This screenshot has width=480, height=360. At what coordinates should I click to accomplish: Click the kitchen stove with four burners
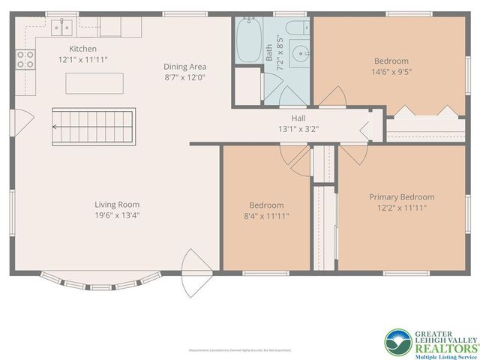click(x=25, y=59)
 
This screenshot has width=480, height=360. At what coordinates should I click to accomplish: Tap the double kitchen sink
click(x=61, y=28)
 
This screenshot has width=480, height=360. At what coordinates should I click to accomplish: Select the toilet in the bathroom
click(x=297, y=28)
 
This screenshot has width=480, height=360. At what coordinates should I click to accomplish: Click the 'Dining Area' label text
click(x=184, y=67)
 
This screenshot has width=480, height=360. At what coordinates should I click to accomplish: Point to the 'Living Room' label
click(x=117, y=204)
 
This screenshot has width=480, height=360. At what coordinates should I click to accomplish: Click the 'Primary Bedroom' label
click(x=401, y=197)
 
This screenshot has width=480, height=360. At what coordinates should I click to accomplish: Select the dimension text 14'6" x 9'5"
click(x=391, y=72)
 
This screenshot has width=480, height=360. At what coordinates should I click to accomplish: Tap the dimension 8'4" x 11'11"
click(x=266, y=216)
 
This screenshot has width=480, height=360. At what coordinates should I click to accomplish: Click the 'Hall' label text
click(x=298, y=118)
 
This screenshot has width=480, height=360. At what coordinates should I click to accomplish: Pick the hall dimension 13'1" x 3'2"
click(x=298, y=128)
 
